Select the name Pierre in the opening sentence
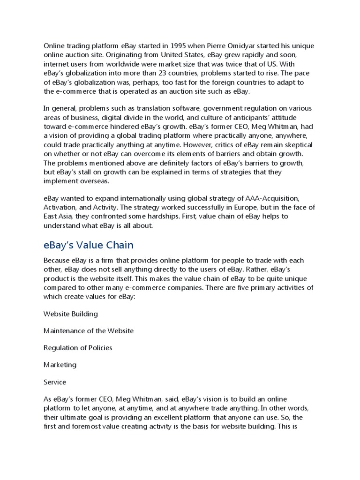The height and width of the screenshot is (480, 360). [x=217, y=46]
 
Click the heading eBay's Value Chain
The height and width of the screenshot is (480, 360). [x=88, y=245]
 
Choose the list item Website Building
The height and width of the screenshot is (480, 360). [x=71, y=314]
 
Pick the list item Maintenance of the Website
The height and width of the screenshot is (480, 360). [x=89, y=330]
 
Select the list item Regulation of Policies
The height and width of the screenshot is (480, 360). [x=78, y=348]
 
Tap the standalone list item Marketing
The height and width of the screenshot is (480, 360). [x=60, y=365]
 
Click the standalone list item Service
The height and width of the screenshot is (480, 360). [x=55, y=382]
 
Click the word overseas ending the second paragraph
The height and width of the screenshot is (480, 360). [x=94, y=181]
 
